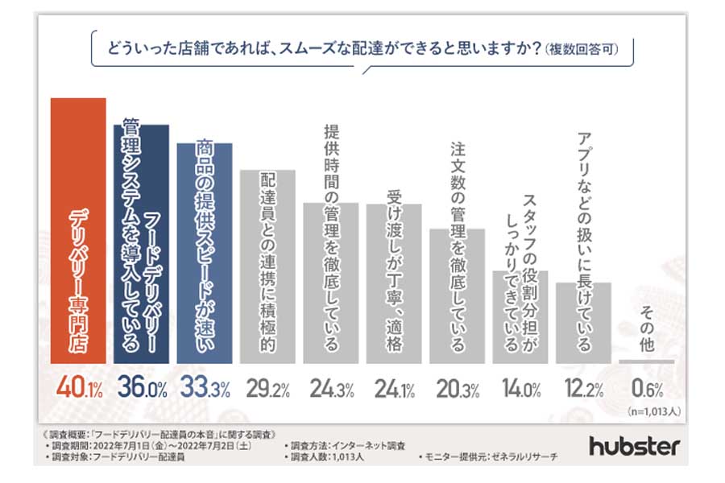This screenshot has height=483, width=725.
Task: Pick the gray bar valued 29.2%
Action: (267, 266)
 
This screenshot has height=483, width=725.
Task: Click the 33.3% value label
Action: (204, 390)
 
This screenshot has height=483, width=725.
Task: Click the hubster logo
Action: (634, 445)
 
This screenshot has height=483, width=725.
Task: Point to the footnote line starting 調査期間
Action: (142, 444)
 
